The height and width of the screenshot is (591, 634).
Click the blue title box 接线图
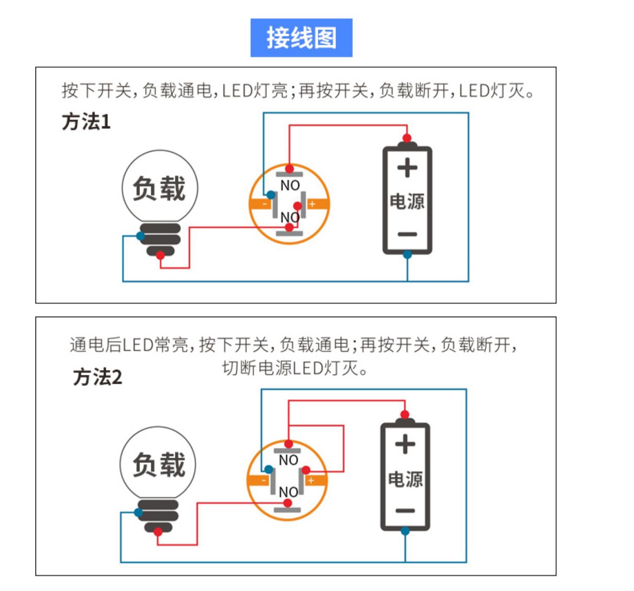[301, 38]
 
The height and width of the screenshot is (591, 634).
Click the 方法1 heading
[86, 122]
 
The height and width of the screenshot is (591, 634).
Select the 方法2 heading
[98, 377]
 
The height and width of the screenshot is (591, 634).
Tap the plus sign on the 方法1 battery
[407, 168]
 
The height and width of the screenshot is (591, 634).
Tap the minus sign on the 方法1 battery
[407, 234]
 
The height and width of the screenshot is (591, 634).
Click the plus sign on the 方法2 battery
[405, 444]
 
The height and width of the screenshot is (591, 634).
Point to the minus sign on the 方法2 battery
[405, 511]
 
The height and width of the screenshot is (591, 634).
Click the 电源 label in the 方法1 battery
[407, 202]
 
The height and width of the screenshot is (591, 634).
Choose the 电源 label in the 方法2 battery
[405, 479]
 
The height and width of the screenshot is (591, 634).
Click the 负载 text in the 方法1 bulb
[159, 189]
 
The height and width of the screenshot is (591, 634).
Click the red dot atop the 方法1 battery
[407, 138]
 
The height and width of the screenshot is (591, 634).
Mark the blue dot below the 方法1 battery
[407, 254]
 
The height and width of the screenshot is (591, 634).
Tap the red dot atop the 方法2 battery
[404, 414]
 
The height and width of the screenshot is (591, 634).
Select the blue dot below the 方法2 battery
[405, 531]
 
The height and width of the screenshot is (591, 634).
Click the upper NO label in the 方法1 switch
[290, 185]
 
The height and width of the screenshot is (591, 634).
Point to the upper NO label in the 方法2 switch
[288, 460]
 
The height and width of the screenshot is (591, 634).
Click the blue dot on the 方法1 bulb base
[141, 236]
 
